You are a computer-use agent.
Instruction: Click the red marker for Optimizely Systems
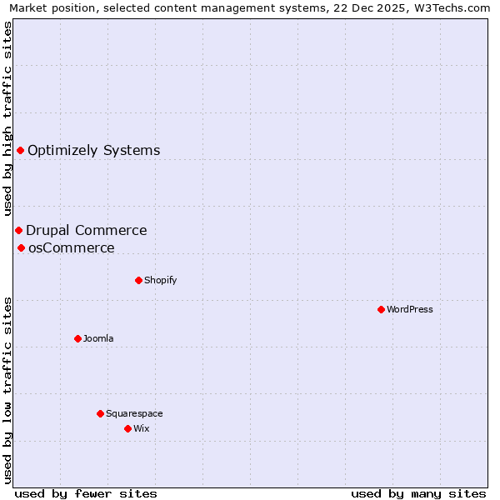coord(20,150)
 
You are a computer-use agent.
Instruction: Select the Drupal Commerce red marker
coord(18,230)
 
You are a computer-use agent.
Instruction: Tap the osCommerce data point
coord(21,247)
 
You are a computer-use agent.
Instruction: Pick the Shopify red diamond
coord(138,280)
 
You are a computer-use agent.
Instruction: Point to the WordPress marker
coord(381,309)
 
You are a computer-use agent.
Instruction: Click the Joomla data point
coord(77,338)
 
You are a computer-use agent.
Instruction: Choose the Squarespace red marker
coord(100,413)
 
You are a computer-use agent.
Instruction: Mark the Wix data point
coord(127,428)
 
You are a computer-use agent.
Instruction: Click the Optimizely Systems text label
coord(93,151)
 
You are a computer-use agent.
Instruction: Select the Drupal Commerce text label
coord(86,231)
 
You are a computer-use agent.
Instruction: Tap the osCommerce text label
coord(71,248)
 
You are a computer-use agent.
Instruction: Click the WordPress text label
coord(409,310)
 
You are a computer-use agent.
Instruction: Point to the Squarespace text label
coord(134,414)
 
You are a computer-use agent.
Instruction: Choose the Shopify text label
coord(160,281)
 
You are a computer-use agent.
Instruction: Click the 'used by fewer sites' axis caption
coord(86,493)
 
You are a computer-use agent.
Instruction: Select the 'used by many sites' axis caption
coord(418,493)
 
